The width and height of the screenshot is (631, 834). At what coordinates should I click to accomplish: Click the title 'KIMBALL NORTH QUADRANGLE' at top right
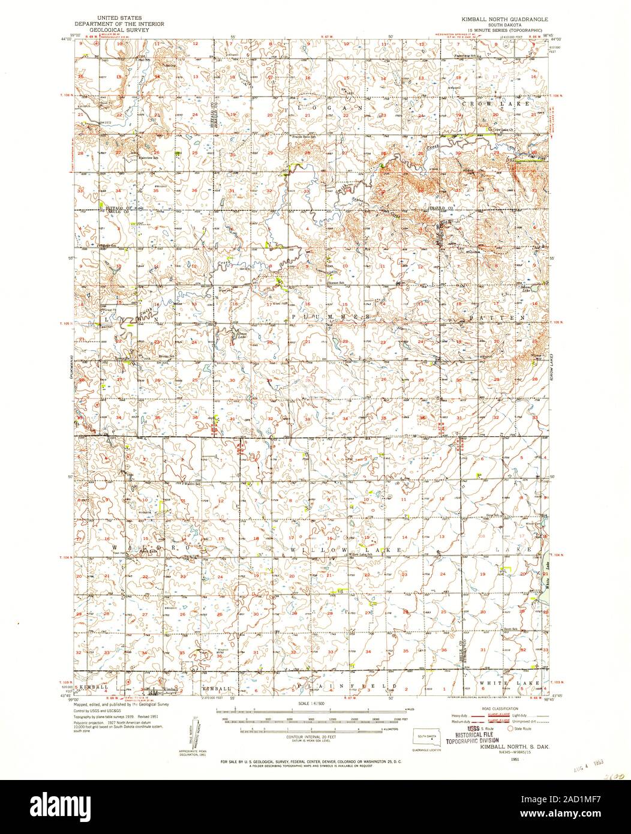coord(501,19)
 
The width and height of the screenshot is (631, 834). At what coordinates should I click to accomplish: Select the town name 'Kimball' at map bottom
coord(171,689)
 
